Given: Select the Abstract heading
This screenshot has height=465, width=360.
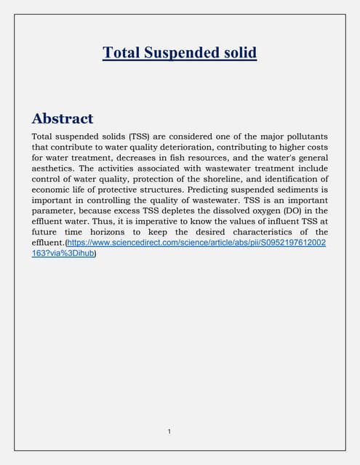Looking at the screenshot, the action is [x=63, y=118].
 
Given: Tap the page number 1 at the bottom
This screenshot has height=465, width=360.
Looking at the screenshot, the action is [x=169, y=432].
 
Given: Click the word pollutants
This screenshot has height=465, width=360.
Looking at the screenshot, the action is [x=302, y=137].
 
